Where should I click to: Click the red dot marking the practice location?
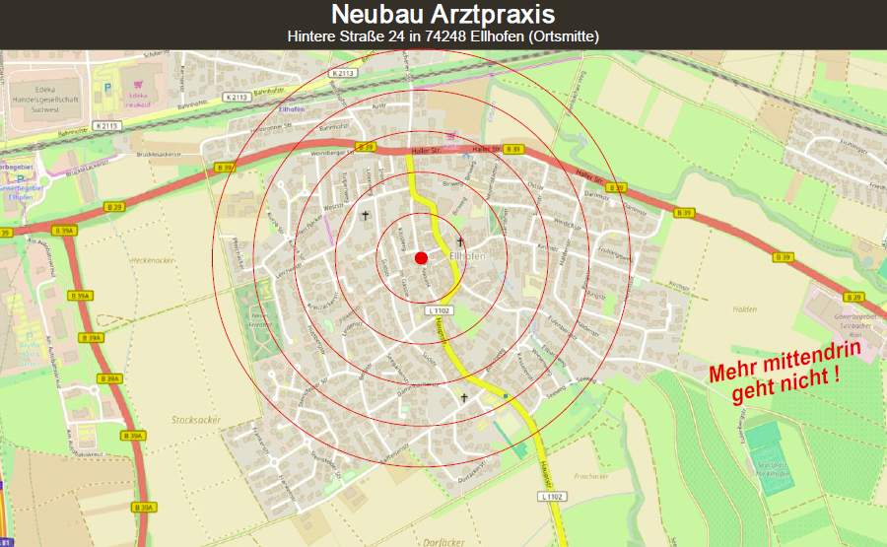pyautogui.click(x=421, y=257)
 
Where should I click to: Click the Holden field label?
pyautogui.click(x=744, y=309)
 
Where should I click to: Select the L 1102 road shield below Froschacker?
pyautogui.click(x=552, y=497)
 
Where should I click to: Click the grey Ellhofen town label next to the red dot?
pyautogui.click(x=467, y=256)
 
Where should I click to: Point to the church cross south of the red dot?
pyautogui.click(x=464, y=398)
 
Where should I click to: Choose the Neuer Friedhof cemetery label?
pyautogui.click(x=259, y=317)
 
